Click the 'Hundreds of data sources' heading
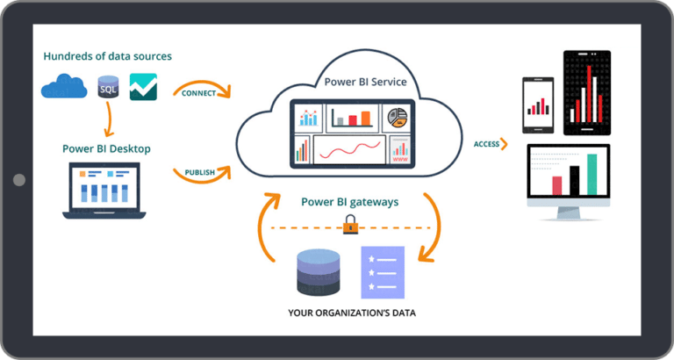(107, 56)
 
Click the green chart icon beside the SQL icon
(143, 86)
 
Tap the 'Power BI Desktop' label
(106, 148)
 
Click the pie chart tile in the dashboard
(399, 118)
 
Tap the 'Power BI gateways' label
(349, 202)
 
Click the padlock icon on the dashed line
(350, 227)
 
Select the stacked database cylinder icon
(317, 273)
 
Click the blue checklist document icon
(383, 271)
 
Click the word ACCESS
(486, 144)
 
